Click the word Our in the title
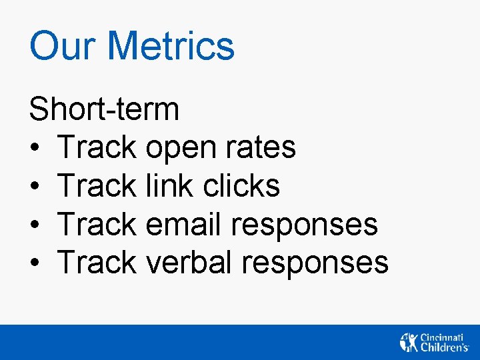[62, 46]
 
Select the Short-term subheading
[104, 109]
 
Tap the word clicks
[241, 185]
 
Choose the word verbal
[189, 261]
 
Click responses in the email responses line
[305, 225]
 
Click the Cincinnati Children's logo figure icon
[408, 341]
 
